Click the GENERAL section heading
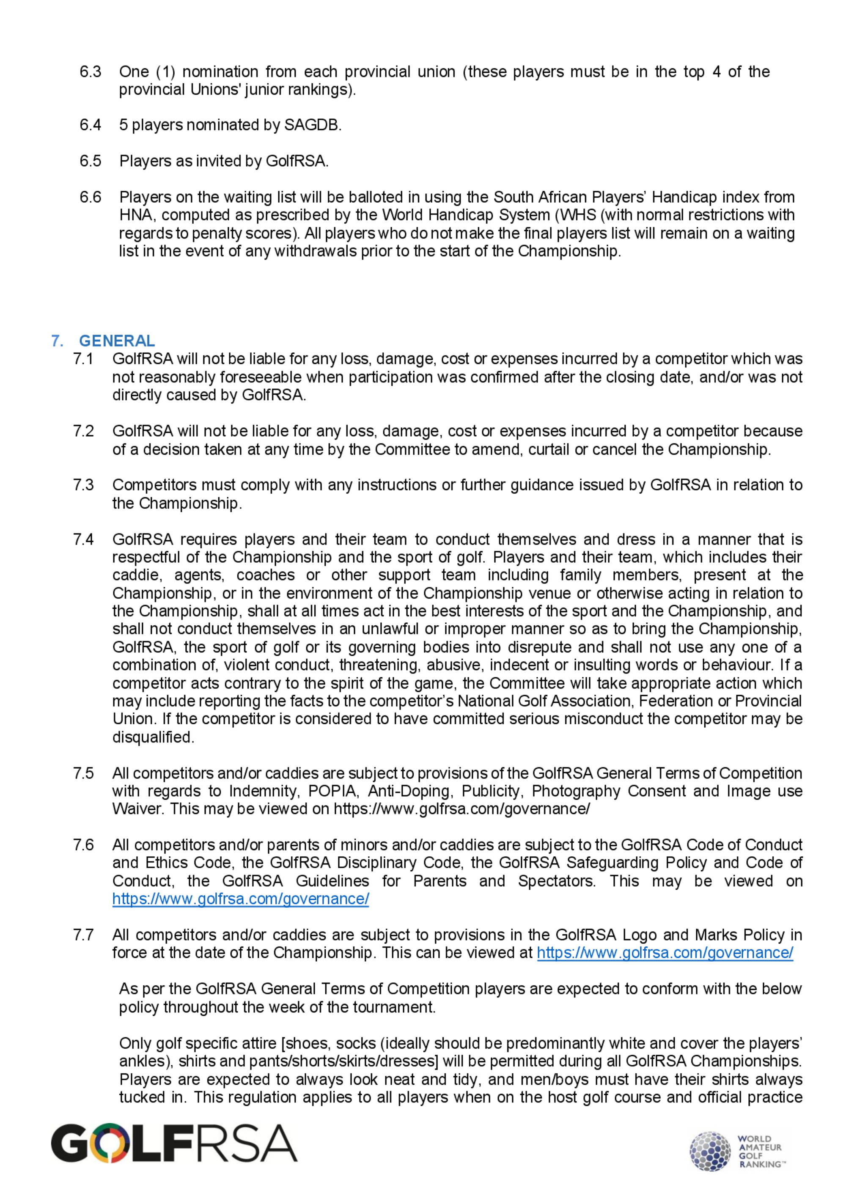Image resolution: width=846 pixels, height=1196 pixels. [x=117, y=341]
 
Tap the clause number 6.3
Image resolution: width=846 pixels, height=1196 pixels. [x=90, y=71]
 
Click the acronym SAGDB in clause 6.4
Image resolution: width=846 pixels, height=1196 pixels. [x=311, y=125]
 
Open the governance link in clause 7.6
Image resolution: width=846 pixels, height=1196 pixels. [x=241, y=899]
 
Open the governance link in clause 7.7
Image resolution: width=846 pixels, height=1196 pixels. [x=665, y=953]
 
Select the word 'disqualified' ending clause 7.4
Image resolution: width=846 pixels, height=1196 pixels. [x=152, y=737]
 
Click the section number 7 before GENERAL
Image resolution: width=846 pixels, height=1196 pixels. [x=57, y=341]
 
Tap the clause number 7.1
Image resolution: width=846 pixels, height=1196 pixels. [x=83, y=359]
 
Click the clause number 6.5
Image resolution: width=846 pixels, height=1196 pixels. [x=90, y=161]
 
